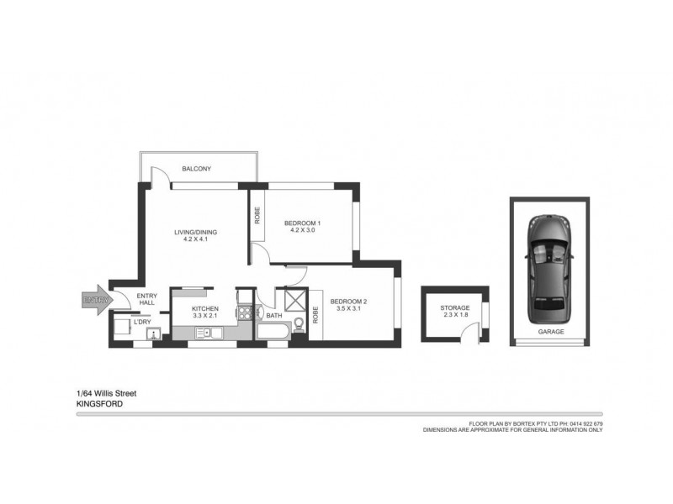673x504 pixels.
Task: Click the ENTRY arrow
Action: pyautogui.click(x=94, y=299)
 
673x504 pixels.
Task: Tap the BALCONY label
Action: pyautogui.click(x=197, y=169)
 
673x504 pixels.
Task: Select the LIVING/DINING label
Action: pyautogui.click(x=195, y=232)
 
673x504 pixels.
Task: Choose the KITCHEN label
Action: pyautogui.click(x=205, y=309)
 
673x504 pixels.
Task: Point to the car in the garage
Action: pyautogui.click(x=550, y=269)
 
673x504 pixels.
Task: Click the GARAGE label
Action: pyautogui.click(x=550, y=332)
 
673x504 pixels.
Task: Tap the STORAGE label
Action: pyautogui.click(x=454, y=308)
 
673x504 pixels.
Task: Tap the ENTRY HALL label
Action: pyautogui.click(x=147, y=298)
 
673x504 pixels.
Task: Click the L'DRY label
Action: pyautogui.click(x=143, y=322)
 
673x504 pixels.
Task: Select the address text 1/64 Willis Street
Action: pyautogui.click(x=107, y=392)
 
